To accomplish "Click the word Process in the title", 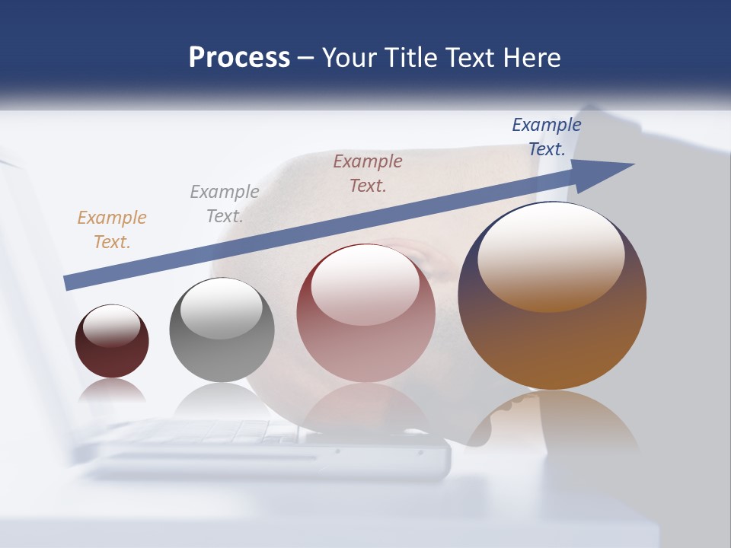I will tap(239, 58).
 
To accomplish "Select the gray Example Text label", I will tap(225, 203).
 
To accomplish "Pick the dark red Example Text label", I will tap(368, 173).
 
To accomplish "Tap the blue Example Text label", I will tap(547, 137).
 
